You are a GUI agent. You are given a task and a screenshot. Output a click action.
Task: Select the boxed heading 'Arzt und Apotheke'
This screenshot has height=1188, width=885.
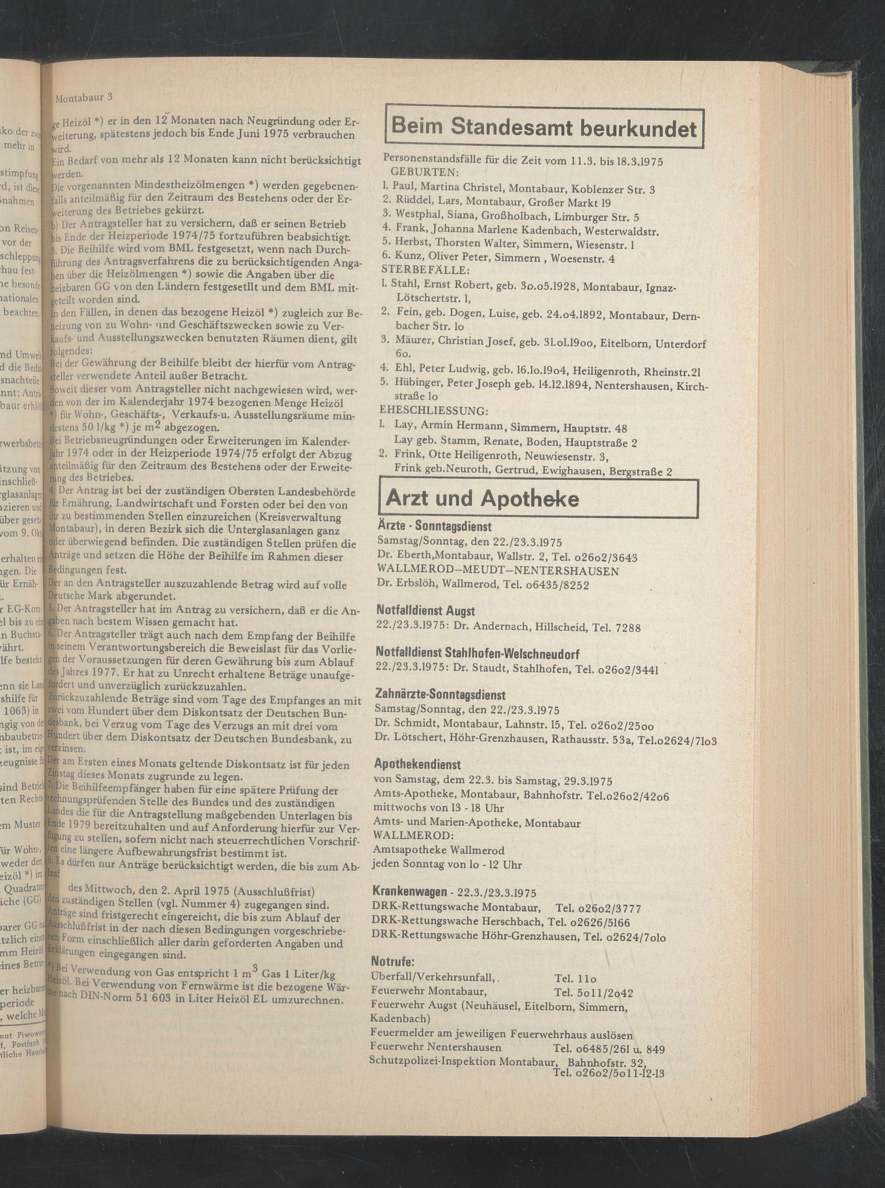[x=482, y=499]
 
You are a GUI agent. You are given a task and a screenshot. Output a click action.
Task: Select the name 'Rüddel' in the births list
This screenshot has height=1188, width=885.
[x=412, y=203]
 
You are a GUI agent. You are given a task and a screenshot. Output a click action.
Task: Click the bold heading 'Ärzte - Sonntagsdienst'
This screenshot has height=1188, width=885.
[x=434, y=527]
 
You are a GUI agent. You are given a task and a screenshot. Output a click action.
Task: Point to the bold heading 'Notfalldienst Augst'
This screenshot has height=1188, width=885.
[x=425, y=611]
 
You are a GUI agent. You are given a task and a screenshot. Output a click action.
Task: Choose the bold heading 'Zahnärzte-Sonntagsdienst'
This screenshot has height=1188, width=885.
[x=441, y=695]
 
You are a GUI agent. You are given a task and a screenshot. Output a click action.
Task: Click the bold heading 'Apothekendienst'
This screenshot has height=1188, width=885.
[x=418, y=764]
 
